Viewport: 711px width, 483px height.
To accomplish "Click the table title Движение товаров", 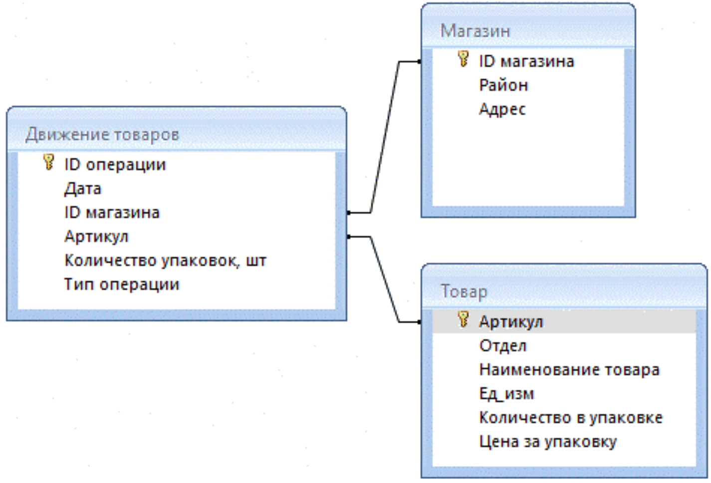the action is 102,135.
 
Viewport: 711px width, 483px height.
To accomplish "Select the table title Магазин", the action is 475,31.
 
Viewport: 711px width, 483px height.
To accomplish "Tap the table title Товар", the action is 464,291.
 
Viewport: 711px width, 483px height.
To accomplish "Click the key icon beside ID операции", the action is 48,162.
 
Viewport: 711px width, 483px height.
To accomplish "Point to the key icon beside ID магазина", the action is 463,59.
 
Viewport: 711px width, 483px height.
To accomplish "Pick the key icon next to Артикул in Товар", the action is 463,319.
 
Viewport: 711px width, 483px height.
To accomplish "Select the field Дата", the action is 83,189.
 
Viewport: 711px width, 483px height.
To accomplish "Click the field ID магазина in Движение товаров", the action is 112,213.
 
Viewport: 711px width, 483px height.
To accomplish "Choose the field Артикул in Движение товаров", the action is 96,237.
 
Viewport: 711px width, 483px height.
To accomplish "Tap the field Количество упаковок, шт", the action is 165,261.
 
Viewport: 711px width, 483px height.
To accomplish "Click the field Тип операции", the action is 122,284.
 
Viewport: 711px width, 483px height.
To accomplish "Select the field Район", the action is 504,85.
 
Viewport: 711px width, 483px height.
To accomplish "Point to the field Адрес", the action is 502,109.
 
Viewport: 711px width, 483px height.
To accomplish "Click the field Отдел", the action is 503,346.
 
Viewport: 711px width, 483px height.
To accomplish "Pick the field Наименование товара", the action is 569,370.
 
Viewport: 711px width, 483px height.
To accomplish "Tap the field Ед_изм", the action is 507,394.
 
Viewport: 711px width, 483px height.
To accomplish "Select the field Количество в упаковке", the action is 571,418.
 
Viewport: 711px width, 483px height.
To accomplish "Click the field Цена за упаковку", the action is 548,442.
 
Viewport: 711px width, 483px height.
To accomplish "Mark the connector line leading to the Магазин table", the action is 385,137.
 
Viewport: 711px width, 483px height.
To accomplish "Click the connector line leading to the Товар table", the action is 384,279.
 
